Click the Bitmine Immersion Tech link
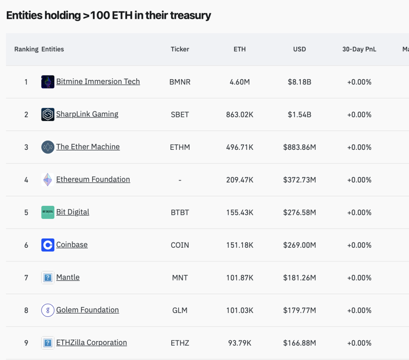[x=98, y=82]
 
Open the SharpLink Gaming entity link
[x=87, y=114]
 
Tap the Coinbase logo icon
[x=48, y=245]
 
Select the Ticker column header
[x=180, y=49]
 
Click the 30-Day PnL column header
[x=359, y=49]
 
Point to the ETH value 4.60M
[x=240, y=82]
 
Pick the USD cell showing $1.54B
[x=300, y=115]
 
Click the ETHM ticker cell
[x=180, y=147]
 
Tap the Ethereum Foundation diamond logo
[x=48, y=180]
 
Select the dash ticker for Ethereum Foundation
[x=180, y=180]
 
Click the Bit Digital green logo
[x=48, y=212]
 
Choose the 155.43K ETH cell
[x=240, y=212]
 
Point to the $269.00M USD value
[x=300, y=245]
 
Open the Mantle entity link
[x=68, y=277]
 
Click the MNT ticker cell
[x=180, y=278]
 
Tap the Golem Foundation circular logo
[x=48, y=310]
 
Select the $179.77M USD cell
[x=300, y=310]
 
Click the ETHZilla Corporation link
[x=91, y=342]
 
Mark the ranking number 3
[x=26, y=147]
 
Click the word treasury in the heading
[x=191, y=15]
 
